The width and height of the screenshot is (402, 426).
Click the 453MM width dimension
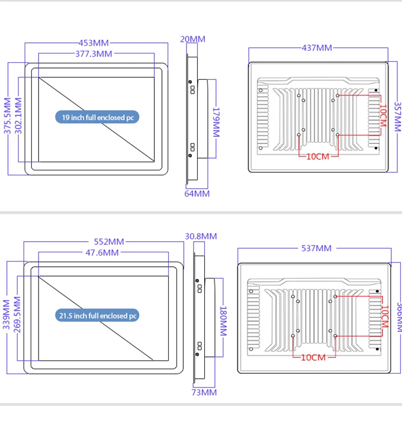pyautogui.click(x=94, y=43)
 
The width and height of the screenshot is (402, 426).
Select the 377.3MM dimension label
pyautogui.click(x=94, y=54)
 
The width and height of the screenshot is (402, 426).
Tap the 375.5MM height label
pyautogui.click(x=8, y=119)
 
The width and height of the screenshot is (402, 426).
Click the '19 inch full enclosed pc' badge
pyautogui.click(x=97, y=117)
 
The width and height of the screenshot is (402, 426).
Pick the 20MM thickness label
pyautogui.click(x=192, y=39)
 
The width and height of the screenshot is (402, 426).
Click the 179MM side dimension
pyautogui.click(x=215, y=119)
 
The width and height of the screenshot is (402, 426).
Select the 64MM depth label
pyautogui.click(x=197, y=193)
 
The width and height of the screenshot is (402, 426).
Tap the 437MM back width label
pyautogui.click(x=317, y=48)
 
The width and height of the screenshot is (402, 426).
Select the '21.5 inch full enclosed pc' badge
pyautogui.click(x=97, y=316)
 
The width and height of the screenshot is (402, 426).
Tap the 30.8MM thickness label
pyautogui.click(x=201, y=236)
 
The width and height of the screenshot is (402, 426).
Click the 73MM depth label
pyautogui.click(x=204, y=392)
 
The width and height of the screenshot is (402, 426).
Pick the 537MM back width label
pyautogui.click(x=316, y=248)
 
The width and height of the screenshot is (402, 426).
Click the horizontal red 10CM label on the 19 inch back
pyautogui.click(x=318, y=156)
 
